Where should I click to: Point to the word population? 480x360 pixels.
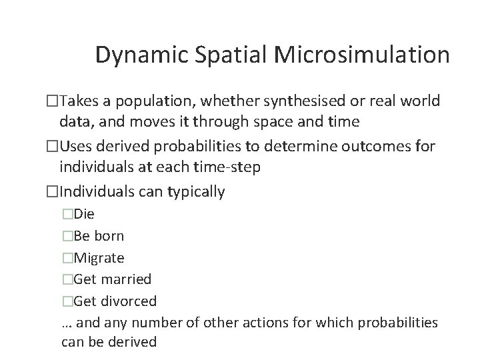(x=158, y=101)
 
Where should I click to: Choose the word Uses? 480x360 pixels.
(x=77, y=147)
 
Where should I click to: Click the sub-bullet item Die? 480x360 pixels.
(x=84, y=214)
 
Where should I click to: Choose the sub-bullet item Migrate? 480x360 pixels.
(x=99, y=257)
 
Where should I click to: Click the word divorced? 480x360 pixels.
(x=129, y=301)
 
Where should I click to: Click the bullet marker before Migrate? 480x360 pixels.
(x=67, y=257)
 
